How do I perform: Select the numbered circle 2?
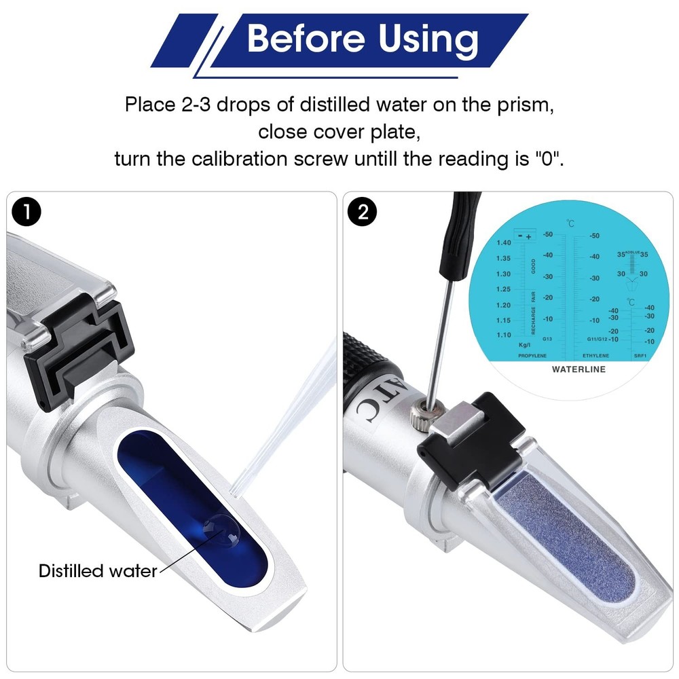tap(363, 213)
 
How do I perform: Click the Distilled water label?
tap(97, 570)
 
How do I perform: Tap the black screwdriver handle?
tap(465, 231)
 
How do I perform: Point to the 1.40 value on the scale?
tap(503, 242)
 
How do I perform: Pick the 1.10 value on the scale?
tap(503, 335)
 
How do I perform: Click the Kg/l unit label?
tap(524, 345)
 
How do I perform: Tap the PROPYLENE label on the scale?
tap(532, 355)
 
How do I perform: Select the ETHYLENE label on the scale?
tap(595, 355)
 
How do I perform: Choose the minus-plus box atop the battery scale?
tap(524, 236)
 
